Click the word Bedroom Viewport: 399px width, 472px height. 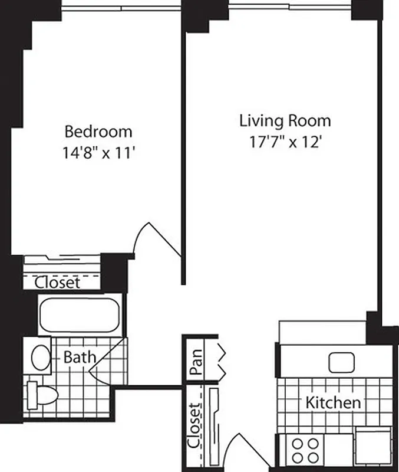coord(98,131)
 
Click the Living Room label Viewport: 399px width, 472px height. coord(285,121)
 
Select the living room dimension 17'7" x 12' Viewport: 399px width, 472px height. coord(285,142)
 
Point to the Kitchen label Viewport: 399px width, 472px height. coord(333,403)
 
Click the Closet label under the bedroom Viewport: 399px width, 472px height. coord(57,282)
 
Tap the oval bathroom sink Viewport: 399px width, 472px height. coord(41,357)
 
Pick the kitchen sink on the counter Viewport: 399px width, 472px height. coord(341,362)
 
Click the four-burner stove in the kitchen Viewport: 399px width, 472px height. coord(305,450)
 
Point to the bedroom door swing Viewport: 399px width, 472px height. coord(154,240)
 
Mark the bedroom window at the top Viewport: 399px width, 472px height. coord(121,8)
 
